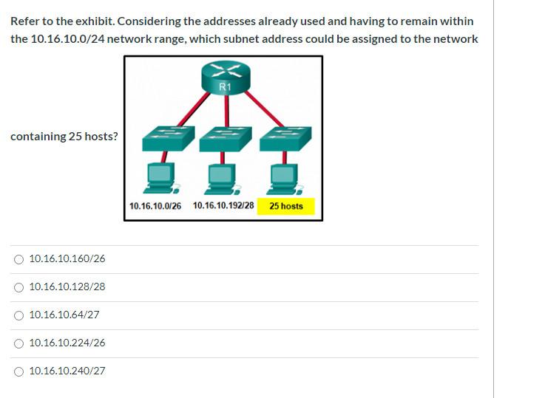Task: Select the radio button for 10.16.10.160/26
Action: point(18,259)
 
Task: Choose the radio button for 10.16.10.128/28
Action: point(18,287)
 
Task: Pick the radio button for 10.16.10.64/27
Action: point(18,315)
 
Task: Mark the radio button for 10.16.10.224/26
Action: point(18,343)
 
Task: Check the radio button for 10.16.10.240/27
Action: point(18,371)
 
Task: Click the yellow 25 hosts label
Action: point(286,206)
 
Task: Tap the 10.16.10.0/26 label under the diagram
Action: point(155,206)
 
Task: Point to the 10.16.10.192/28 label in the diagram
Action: point(223,206)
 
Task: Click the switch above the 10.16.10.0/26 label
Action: point(168,137)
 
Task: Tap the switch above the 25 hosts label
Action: point(285,137)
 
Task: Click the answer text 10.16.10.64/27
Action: point(64,315)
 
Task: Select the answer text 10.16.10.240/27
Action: point(67,371)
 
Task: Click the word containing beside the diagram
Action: point(38,137)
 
